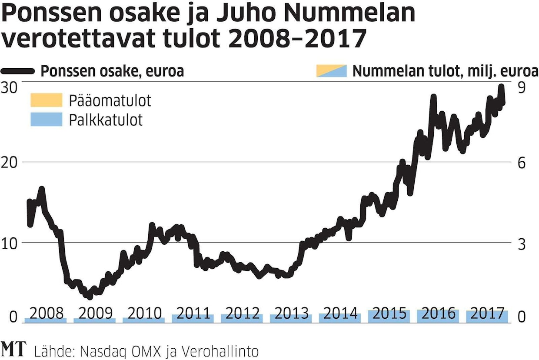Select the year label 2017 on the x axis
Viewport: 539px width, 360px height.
point(487,313)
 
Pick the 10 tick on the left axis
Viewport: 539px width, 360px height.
point(11,243)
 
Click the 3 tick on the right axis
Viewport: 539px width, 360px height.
point(522,243)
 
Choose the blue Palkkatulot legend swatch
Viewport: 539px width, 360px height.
point(47,119)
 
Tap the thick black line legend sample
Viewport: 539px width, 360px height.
point(18,71)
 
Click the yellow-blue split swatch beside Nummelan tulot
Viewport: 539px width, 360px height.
point(331,71)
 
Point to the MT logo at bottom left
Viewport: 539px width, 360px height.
point(14,349)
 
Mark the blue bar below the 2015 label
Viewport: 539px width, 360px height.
point(389,317)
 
